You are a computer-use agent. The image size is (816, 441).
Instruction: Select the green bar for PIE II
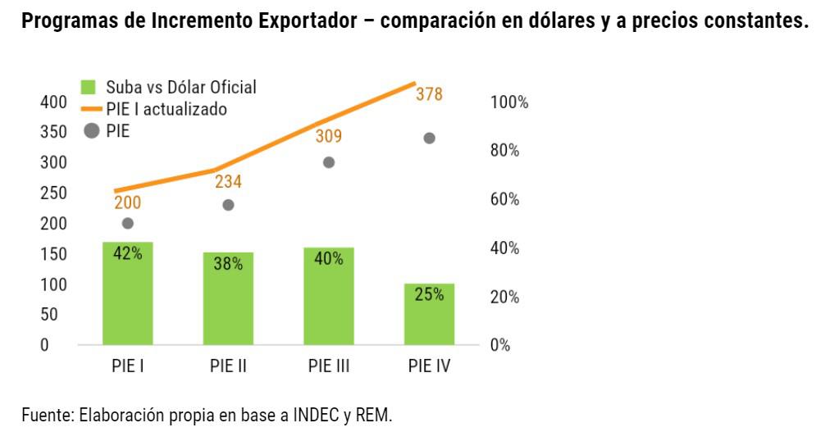click(228, 298)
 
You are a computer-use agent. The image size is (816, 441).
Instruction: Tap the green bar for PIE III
click(328, 296)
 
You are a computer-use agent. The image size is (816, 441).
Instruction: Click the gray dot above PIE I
click(127, 223)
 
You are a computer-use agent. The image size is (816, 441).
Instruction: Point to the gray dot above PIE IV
click(429, 138)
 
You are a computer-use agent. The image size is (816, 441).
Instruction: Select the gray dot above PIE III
click(329, 162)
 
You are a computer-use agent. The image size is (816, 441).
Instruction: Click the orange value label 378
click(429, 94)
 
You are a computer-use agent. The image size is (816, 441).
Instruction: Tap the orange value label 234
click(228, 183)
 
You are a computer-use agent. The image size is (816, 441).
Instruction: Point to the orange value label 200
click(127, 202)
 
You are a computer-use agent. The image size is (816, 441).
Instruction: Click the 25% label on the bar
click(429, 294)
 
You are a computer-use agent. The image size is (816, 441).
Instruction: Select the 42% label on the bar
click(127, 253)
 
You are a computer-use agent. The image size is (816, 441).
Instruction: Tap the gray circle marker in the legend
click(92, 130)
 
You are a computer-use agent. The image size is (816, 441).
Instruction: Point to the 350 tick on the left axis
click(51, 133)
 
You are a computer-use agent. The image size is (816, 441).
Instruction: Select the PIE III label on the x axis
click(329, 366)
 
